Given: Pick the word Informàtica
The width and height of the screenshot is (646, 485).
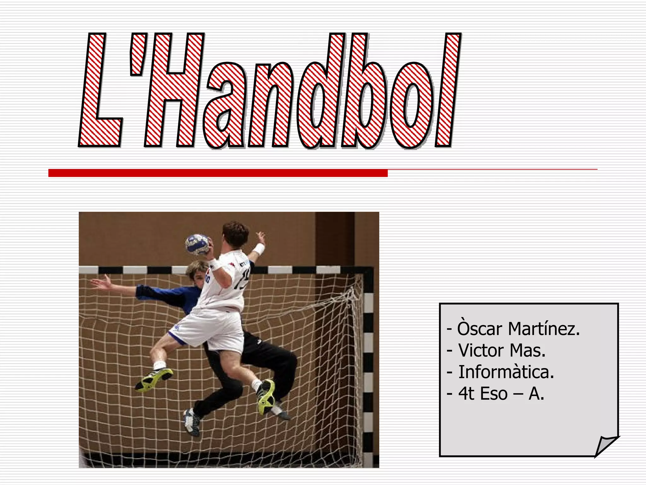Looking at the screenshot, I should pos(506,372).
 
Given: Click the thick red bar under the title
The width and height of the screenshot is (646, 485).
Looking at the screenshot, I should pos(218,173).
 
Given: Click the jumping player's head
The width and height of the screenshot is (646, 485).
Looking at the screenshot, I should pos(235,234).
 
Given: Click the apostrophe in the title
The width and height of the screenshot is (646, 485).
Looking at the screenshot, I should pos(138,55).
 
